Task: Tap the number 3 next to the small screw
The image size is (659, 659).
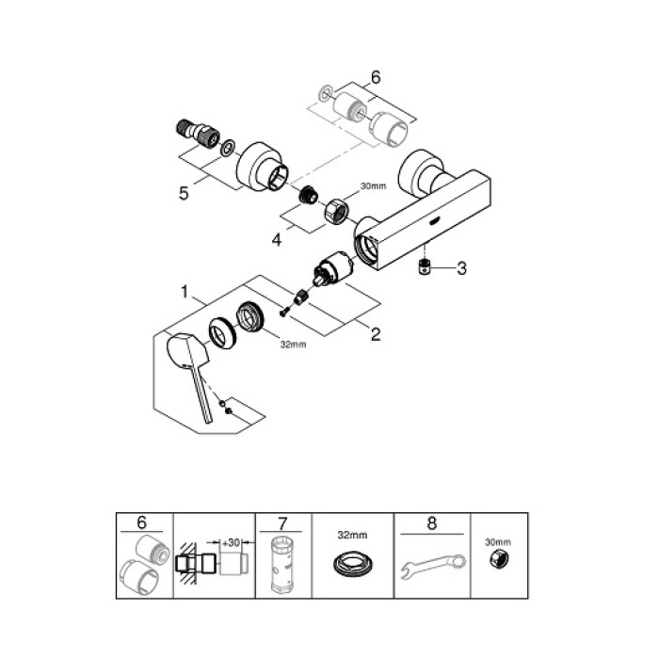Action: click(461, 269)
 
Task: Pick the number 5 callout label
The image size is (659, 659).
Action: click(185, 193)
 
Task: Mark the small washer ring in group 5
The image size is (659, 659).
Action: click(227, 148)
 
